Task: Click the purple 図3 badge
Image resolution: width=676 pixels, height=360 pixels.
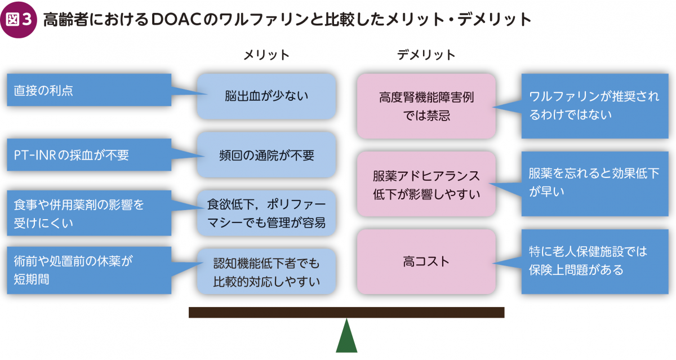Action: click(19, 20)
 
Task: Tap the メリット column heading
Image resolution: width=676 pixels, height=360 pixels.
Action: click(266, 55)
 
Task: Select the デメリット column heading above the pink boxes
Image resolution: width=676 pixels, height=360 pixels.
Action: click(426, 55)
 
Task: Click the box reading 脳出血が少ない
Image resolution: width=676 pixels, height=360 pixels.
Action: click(266, 96)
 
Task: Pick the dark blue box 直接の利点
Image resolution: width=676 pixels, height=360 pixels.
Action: click(89, 90)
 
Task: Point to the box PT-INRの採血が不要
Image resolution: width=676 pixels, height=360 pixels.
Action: click(89, 155)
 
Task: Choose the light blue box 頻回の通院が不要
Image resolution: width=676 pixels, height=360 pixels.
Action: click(266, 154)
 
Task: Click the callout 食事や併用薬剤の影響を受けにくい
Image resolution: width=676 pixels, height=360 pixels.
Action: click(89, 213)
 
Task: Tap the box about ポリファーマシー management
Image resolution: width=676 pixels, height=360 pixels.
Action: click(266, 213)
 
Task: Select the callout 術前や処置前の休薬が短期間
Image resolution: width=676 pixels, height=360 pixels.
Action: click(89, 270)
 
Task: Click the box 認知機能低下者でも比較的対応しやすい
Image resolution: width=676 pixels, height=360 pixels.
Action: click(266, 272)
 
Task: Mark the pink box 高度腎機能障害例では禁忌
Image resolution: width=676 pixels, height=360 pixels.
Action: click(426, 106)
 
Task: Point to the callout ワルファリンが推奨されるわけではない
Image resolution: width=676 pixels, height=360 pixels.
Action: click(595, 106)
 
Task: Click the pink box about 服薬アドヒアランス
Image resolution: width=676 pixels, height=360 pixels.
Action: click(426, 184)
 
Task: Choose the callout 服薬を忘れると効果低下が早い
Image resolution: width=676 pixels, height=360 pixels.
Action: click(595, 184)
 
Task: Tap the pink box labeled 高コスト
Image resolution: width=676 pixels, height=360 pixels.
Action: click(426, 261)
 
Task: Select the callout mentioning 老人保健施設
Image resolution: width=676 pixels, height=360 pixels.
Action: click(595, 261)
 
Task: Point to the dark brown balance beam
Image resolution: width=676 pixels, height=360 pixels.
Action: click(346, 313)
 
